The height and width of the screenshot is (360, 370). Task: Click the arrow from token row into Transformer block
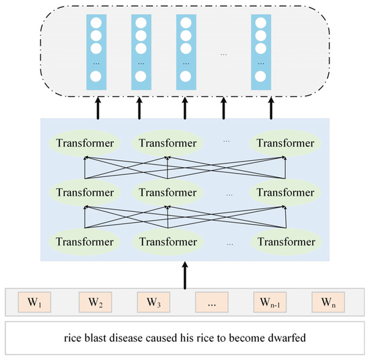pos(184,276)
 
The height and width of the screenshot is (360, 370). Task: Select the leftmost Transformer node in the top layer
pos(85,143)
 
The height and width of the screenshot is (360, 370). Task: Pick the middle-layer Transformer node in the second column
pos(166,192)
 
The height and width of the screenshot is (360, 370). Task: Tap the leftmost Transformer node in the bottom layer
pos(85,240)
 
